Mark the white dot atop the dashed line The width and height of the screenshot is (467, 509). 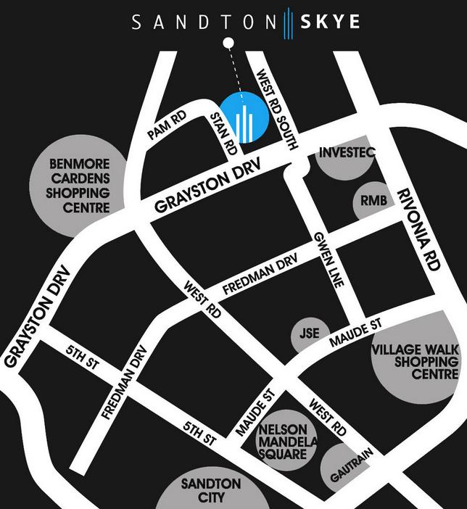pyautogui.click(x=228, y=42)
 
